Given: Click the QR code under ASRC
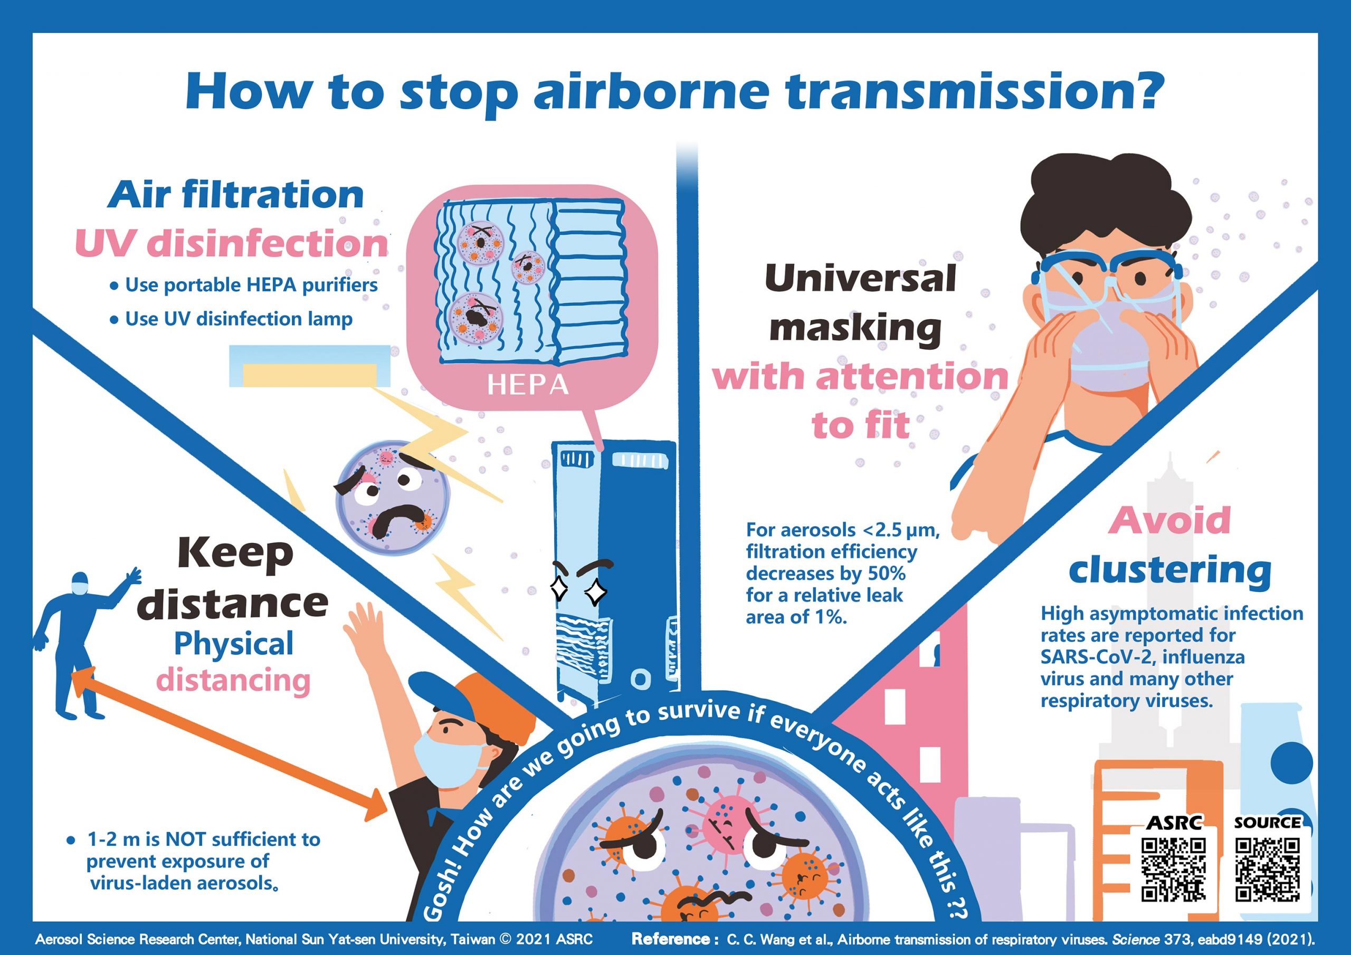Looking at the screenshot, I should pos(1173,870).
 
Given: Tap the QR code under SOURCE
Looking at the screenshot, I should pos(1267,870).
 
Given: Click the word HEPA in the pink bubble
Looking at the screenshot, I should pos(528,385).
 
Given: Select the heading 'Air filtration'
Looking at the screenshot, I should pos(235,195).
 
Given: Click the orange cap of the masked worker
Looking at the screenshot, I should pos(500,706).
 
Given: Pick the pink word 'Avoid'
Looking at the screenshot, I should pos(1169,520).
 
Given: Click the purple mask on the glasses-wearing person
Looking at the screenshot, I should pos(1106,347).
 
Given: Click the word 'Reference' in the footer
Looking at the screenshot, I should pos(671,939).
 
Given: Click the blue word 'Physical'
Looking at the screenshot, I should pos(234,644).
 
